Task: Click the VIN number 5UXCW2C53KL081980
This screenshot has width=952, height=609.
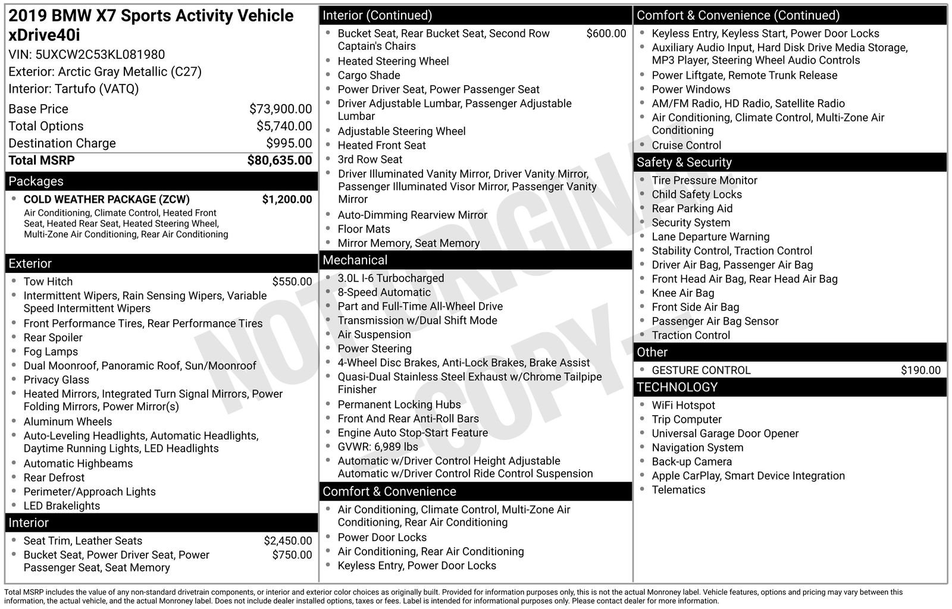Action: (x=100, y=55)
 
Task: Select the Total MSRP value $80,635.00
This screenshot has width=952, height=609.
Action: (x=279, y=161)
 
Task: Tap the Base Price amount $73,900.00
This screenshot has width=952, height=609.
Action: (x=280, y=109)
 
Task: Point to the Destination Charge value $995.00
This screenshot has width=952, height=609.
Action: (x=289, y=143)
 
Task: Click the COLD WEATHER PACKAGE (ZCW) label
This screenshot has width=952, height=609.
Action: (x=107, y=199)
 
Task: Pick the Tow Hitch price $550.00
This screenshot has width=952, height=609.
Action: (x=292, y=282)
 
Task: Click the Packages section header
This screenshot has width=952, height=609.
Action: (x=36, y=181)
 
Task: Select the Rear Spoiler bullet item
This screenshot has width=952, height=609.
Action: (x=53, y=338)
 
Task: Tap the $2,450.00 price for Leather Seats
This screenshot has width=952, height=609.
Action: (x=287, y=541)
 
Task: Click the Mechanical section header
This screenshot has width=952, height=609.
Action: (x=355, y=260)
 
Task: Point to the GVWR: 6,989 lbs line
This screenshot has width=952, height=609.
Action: (x=378, y=447)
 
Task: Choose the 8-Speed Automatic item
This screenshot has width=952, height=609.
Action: (x=384, y=293)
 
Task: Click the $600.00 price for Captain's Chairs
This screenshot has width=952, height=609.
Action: (x=606, y=34)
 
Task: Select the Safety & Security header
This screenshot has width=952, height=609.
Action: (x=684, y=162)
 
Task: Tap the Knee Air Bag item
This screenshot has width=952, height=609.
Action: (x=682, y=293)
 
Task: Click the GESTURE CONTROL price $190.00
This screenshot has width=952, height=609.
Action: (x=920, y=371)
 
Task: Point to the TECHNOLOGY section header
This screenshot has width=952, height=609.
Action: (x=677, y=388)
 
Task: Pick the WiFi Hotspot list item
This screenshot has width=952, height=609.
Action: (x=683, y=406)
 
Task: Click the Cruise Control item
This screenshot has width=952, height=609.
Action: (x=686, y=146)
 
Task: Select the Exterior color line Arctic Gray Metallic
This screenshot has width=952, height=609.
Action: (x=105, y=72)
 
